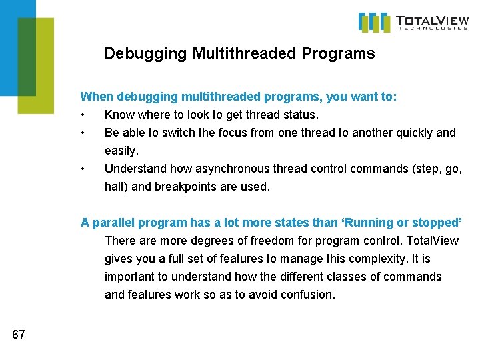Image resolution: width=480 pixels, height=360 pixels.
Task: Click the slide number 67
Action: (x=18, y=335)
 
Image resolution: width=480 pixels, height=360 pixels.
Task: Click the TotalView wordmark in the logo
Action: (x=431, y=19)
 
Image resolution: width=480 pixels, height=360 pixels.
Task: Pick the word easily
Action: (x=121, y=151)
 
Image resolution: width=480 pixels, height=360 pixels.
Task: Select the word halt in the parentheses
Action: (x=116, y=187)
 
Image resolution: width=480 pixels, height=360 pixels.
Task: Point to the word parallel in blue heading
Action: (x=114, y=222)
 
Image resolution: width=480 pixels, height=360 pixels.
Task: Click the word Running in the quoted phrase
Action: (x=368, y=222)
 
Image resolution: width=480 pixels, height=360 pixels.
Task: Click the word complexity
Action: (x=366, y=258)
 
